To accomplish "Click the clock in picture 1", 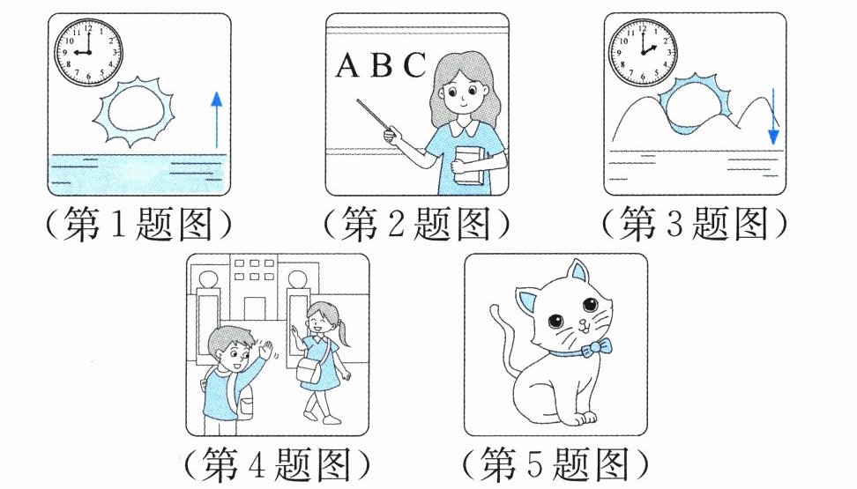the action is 88,53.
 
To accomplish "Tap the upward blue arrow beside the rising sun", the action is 217,120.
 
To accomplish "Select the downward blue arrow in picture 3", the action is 773,115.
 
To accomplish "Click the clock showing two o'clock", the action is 643,53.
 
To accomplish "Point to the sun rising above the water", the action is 133,112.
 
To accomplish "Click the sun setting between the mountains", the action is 694,103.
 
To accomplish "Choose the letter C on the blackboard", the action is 414,64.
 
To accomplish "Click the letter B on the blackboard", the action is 382,64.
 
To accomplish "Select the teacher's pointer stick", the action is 376,115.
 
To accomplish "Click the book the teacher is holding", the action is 469,167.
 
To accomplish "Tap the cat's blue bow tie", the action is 596,347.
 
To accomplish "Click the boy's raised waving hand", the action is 265,349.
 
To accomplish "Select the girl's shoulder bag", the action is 309,370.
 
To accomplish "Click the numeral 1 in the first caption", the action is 119,225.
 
